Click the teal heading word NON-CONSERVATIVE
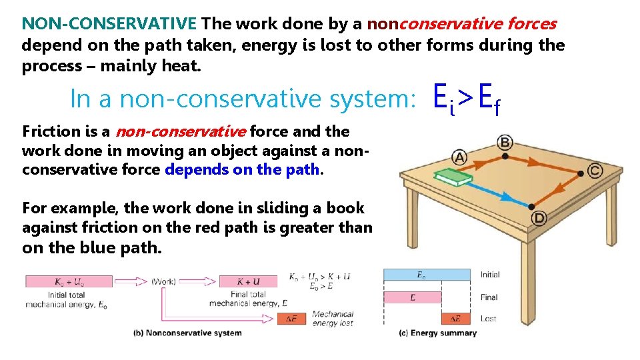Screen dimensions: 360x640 (x=109, y=25)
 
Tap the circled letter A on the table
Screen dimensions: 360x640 (x=459, y=157)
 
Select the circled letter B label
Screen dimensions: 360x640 (x=505, y=141)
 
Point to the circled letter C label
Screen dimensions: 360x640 (x=595, y=171)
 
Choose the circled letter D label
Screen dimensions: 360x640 (x=538, y=218)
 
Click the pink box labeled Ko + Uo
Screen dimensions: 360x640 (x=69, y=281)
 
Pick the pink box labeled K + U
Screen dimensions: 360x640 (x=247, y=281)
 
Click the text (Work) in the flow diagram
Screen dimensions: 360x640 (x=164, y=281)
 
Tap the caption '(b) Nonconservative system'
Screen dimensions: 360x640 (x=187, y=333)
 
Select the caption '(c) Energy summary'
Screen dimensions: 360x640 (x=437, y=333)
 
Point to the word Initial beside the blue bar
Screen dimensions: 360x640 (x=490, y=275)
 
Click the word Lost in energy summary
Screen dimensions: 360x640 (x=489, y=319)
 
